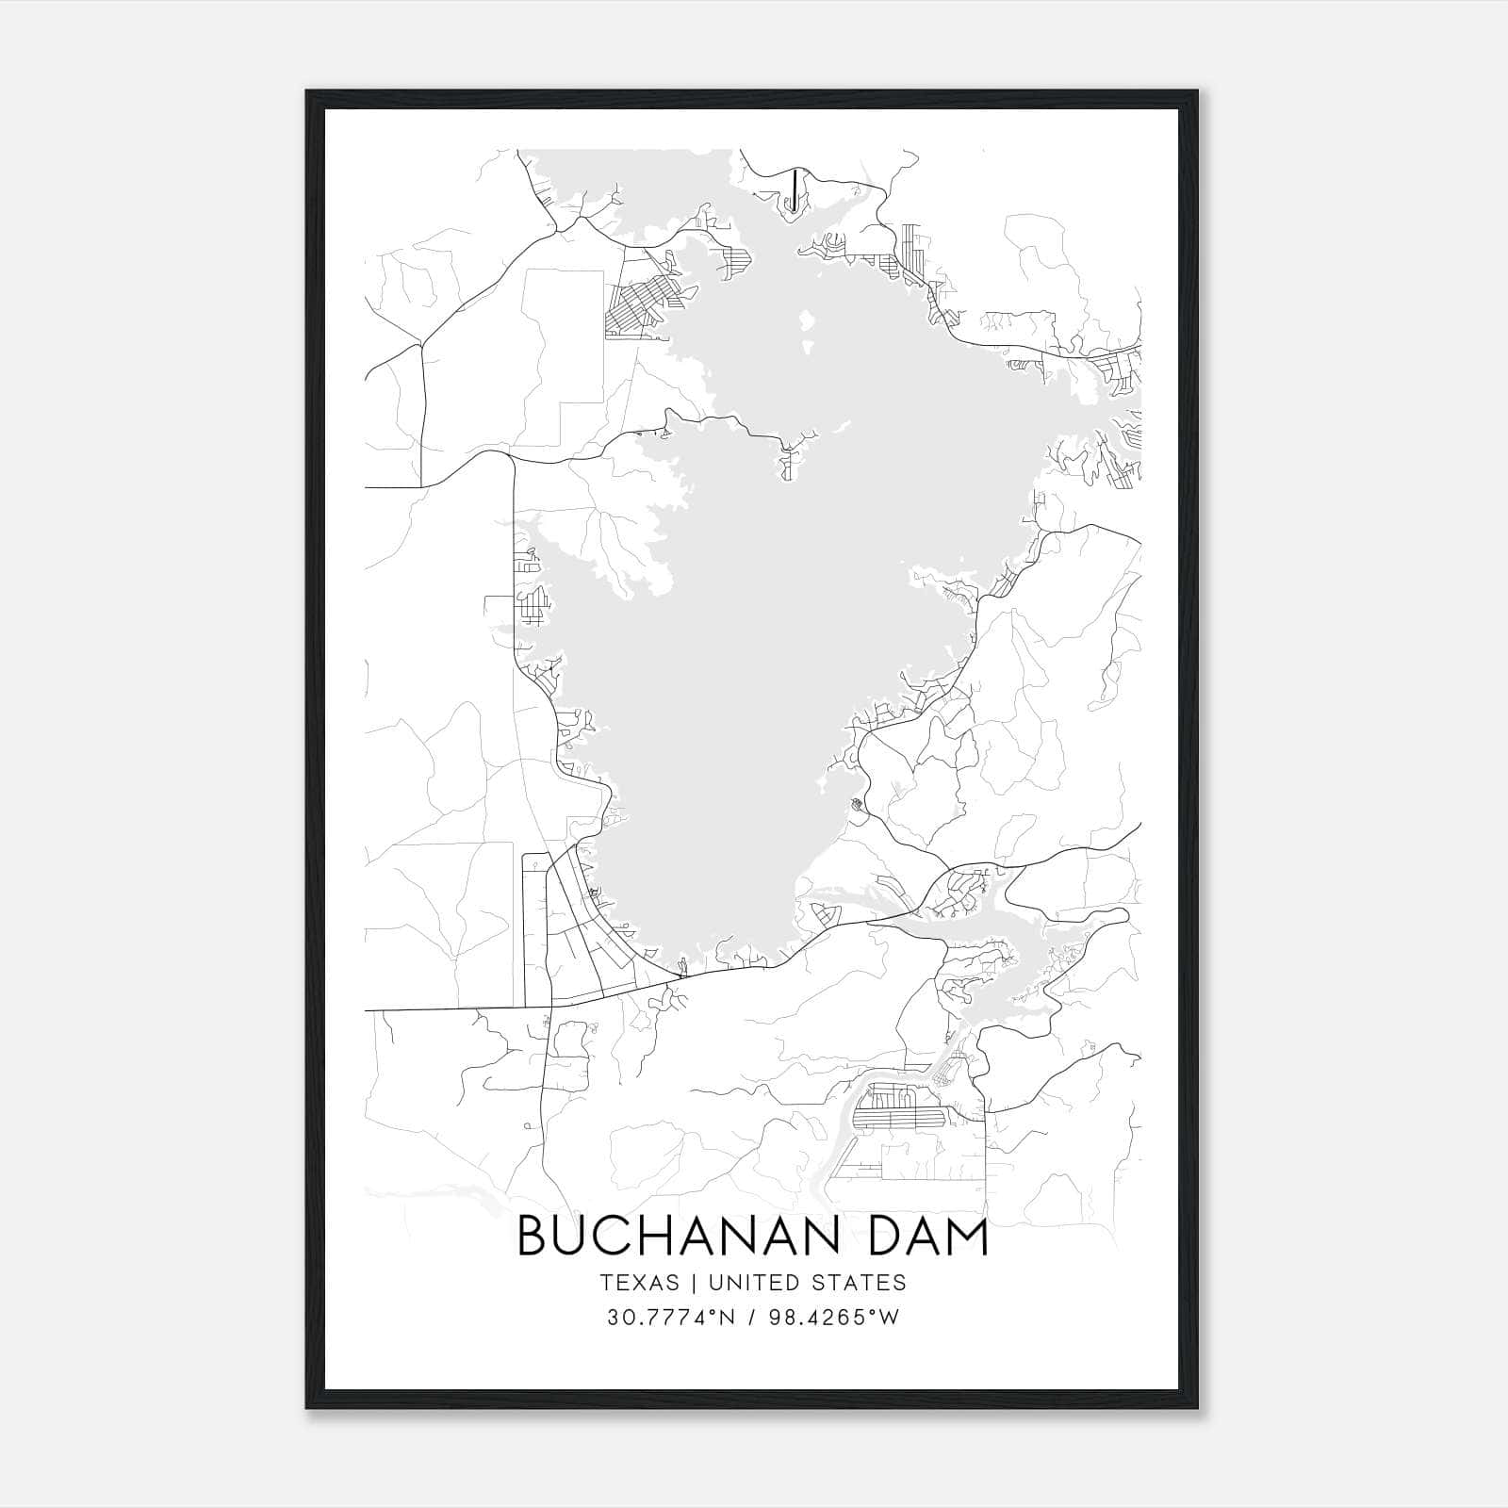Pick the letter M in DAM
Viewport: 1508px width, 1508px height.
(966, 1238)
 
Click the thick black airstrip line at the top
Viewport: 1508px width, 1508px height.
(795, 188)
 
